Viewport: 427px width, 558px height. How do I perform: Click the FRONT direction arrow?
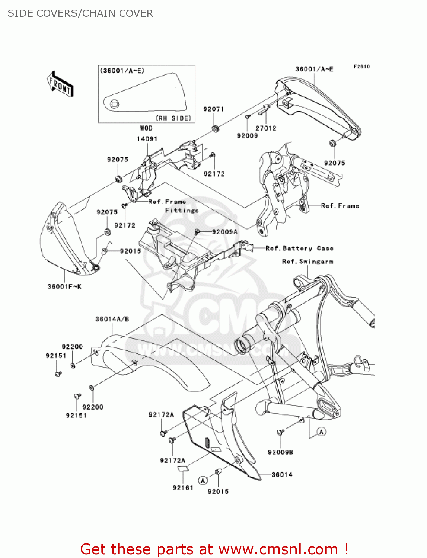click(x=60, y=84)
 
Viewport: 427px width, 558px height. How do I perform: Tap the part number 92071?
click(x=214, y=109)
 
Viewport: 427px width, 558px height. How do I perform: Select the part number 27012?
click(x=266, y=128)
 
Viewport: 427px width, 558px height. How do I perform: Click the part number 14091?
click(x=147, y=139)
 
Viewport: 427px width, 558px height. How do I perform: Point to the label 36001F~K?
click(x=64, y=286)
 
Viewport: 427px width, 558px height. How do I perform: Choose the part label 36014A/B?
click(x=112, y=319)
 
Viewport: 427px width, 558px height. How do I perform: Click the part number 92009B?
click(x=280, y=452)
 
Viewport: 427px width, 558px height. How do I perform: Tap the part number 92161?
click(x=183, y=488)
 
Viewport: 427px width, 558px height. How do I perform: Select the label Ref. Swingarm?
click(x=307, y=262)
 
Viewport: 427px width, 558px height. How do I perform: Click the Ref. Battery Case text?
click(x=299, y=248)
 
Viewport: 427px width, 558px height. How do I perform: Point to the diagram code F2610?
click(x=361, y=67)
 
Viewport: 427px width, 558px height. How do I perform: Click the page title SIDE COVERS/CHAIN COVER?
click(x=80, y=13)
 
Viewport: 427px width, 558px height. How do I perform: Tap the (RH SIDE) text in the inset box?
click(x=173, y=118)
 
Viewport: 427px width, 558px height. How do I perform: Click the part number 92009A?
click(x=224, y=232)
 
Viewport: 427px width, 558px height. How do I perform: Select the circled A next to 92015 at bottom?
click(x=203, y=480)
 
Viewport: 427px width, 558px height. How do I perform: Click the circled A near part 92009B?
click(x=321, y=432)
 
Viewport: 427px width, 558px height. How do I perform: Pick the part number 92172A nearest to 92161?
click(x=172, y=461)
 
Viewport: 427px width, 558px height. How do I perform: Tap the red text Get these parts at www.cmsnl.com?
click(x=214, y=549)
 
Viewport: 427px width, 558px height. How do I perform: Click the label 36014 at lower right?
click(x=282, y=474)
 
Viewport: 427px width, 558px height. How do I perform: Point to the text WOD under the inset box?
click(x=146, y=128)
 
